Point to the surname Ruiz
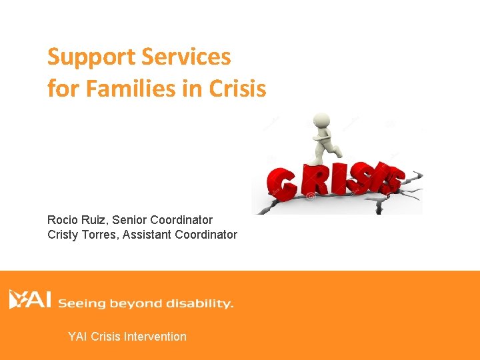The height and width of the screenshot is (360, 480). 97,220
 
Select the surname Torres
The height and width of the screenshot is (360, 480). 103,235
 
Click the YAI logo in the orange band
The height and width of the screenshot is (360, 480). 30,299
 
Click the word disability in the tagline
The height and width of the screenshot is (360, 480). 199,304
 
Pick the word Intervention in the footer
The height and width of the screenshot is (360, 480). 155,337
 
